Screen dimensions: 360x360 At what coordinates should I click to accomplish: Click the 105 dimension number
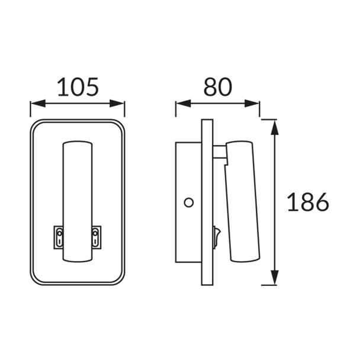78,87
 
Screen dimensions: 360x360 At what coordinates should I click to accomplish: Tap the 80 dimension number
218,86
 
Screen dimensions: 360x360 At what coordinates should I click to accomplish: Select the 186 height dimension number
308,202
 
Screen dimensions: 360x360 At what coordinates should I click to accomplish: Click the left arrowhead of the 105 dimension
38,103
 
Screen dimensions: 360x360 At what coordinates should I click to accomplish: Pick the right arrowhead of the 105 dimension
117,103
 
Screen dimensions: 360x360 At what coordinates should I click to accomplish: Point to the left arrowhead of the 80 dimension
183,103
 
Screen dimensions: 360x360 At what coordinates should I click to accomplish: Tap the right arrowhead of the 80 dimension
252,103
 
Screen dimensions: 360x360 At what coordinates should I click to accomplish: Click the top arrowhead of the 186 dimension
275,127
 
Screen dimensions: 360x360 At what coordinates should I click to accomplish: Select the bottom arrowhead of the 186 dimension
275,278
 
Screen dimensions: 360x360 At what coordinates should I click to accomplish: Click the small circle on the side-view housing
189,202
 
